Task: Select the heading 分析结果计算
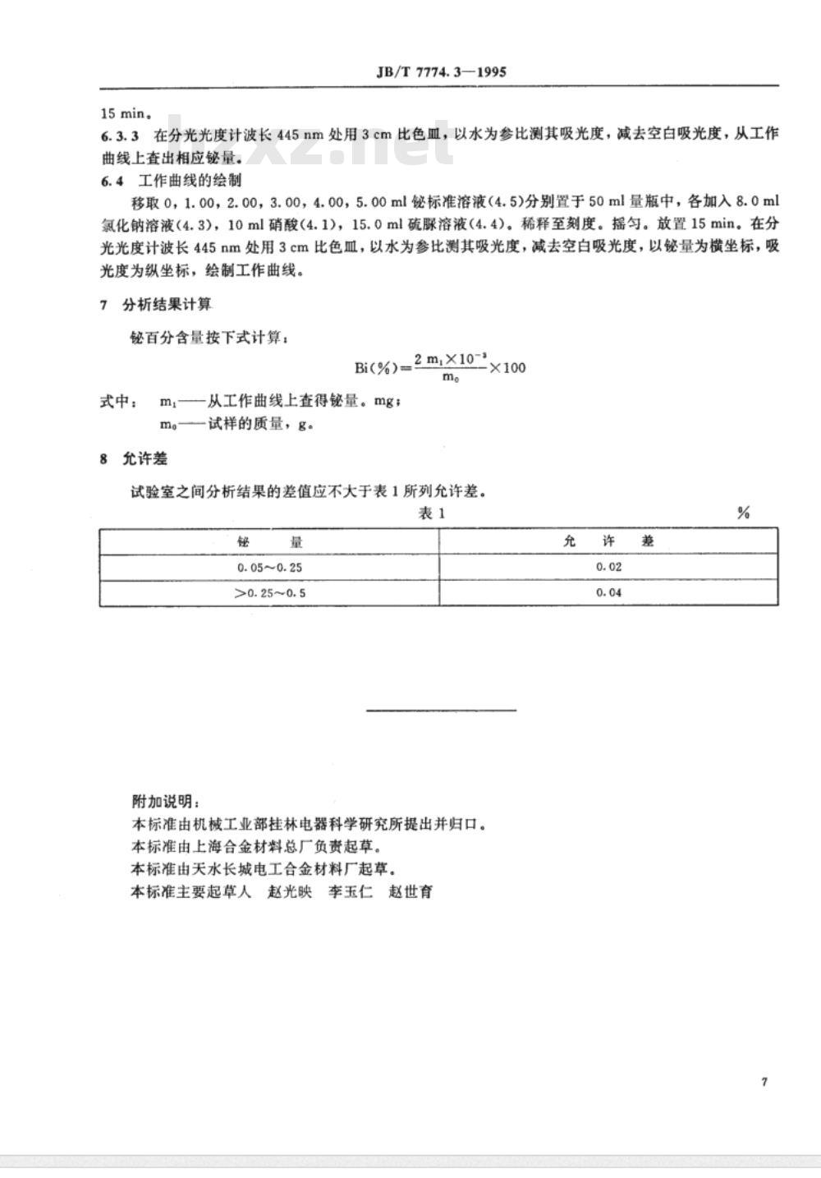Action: (167, 305)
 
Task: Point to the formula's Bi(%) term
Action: (374, 367)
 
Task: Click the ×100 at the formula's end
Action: (507, 367)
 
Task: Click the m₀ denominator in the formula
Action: (450, 378)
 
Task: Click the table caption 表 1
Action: (432, 513)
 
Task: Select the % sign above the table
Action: (743, 513)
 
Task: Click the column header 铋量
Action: (270, 542)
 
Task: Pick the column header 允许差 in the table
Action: (608, 542)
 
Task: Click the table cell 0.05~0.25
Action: (270, 568)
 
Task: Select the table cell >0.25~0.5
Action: (270, 593)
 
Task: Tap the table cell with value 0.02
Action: (608, 568)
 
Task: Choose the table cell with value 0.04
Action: (608, 593)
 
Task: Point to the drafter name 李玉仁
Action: (351, 892)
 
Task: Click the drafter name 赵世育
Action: (410, 892)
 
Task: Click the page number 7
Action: (764, 1082)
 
